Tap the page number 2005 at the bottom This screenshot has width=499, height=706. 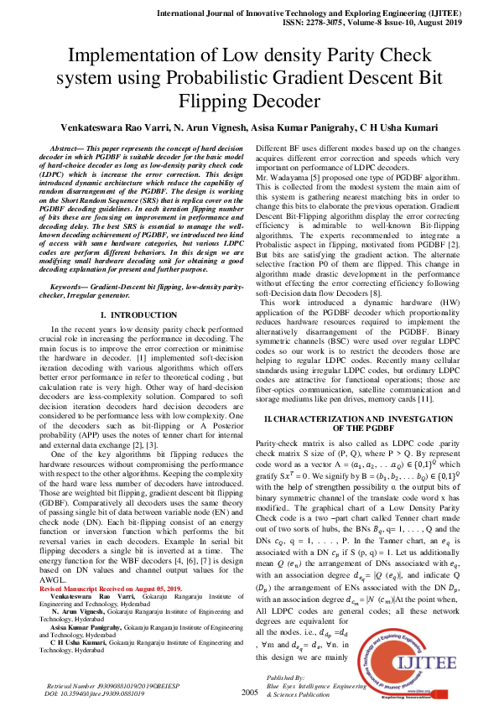(x=249, y=692)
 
